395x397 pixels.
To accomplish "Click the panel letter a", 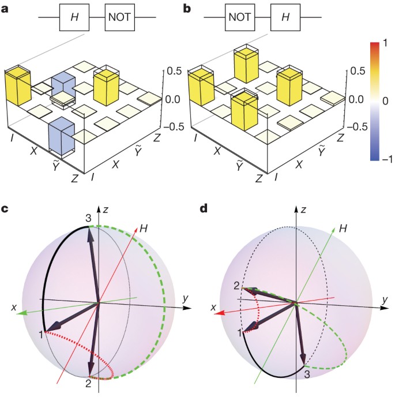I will click(6, 8).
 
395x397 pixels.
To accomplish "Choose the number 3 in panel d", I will click(307, 375).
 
